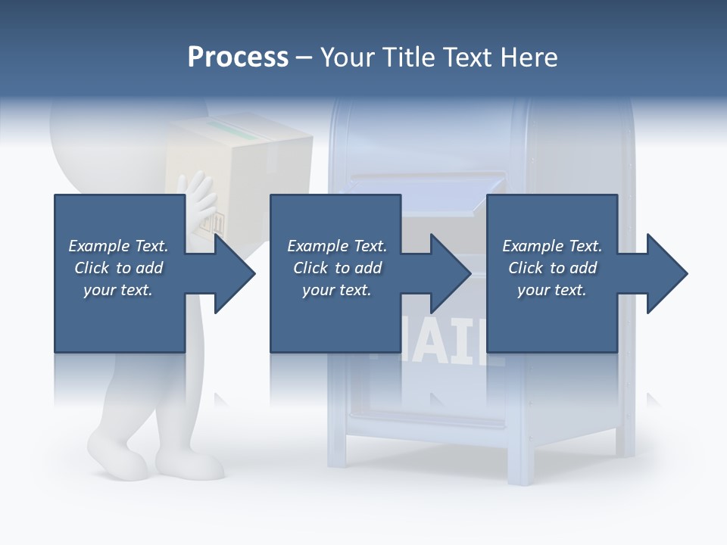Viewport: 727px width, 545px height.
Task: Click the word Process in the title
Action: tap(238, 58)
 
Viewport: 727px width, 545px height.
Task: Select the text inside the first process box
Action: tap(118, 268)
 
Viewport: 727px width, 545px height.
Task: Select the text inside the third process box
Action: tap(552, 268)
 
